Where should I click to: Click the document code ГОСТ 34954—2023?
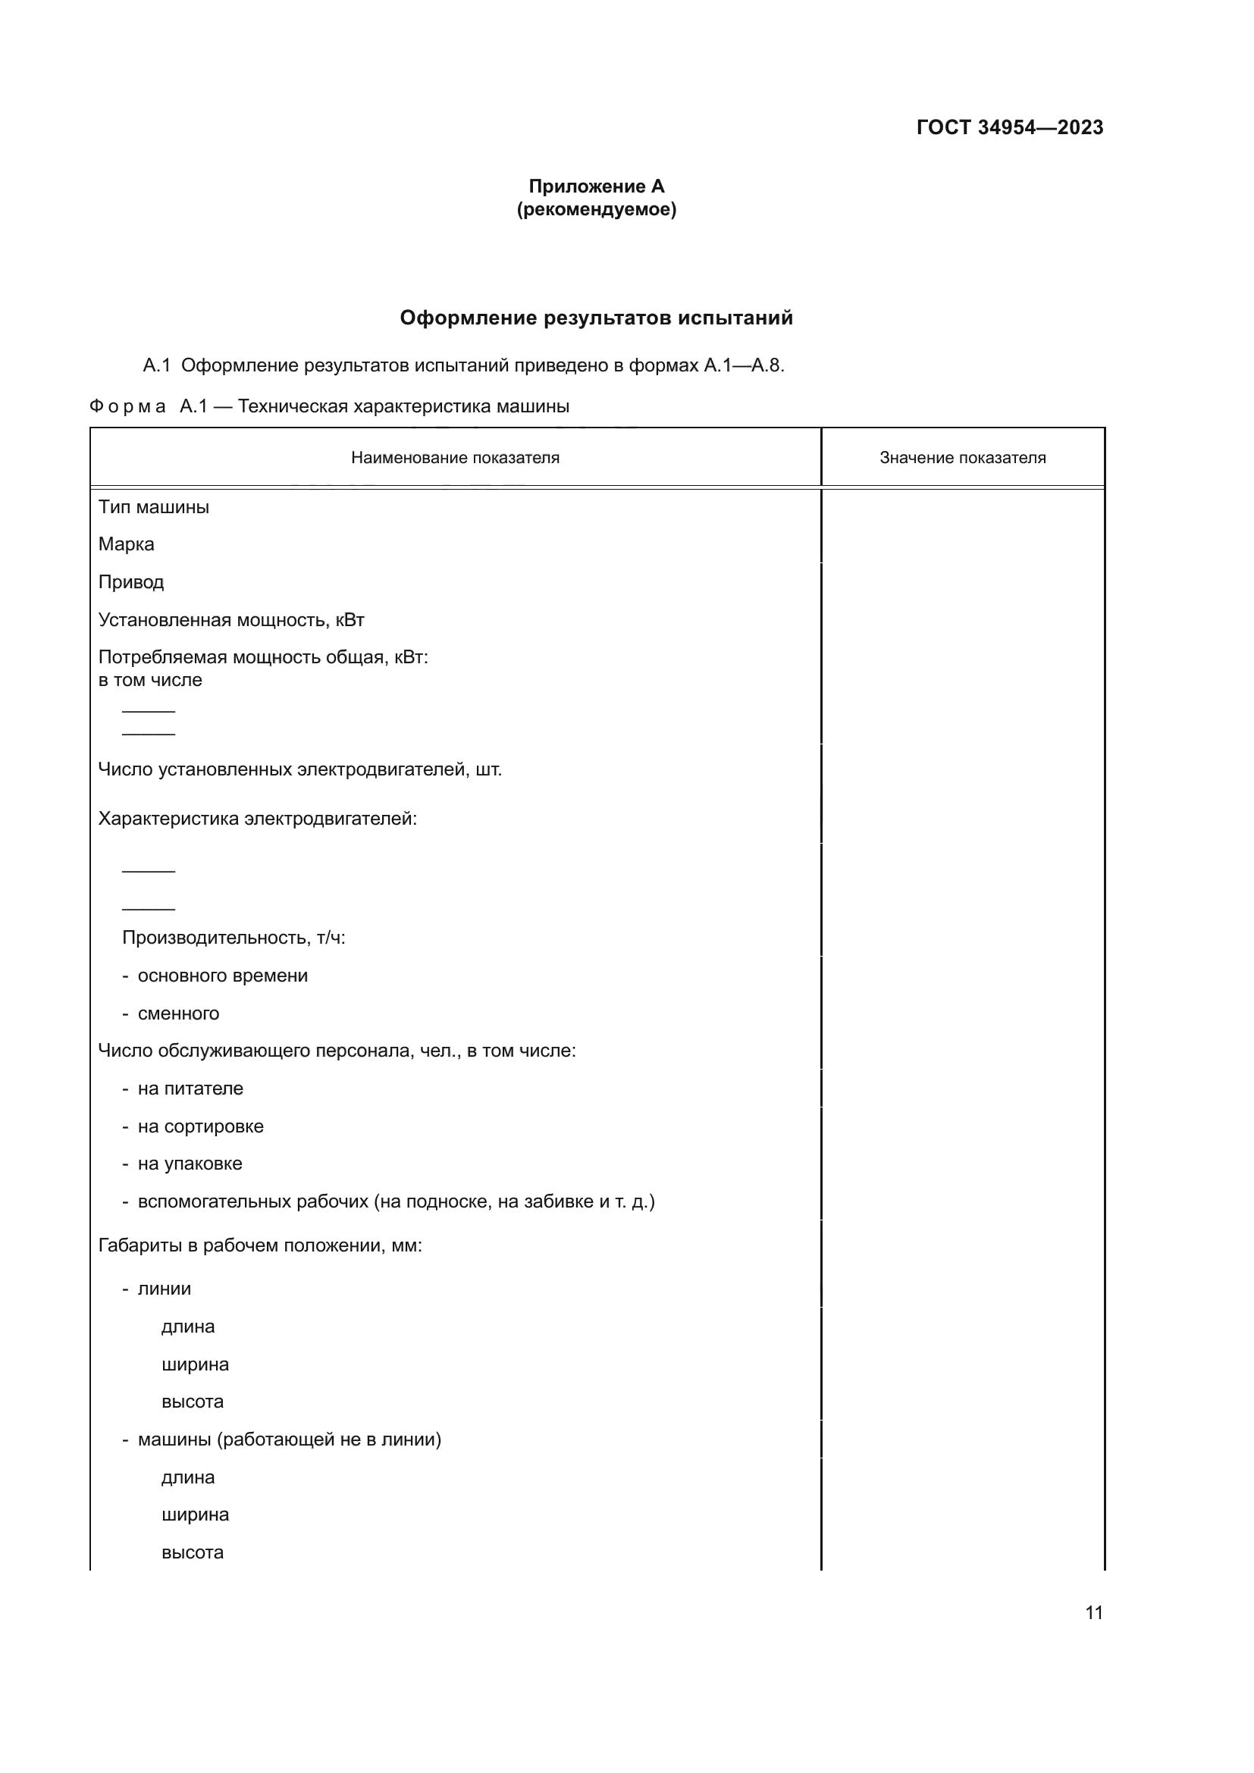tap(1009, 127)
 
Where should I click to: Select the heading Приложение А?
tap(596, 186)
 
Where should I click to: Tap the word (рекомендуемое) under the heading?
tap(596, 209)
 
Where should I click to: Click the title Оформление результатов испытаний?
tap(596, 318)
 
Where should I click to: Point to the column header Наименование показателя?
tap(455, 458)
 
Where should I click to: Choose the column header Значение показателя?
tap(962, 458)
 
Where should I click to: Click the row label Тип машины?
tap(154, 507)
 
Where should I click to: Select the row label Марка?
tap(126, 544)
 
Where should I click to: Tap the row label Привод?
tap(130, 582)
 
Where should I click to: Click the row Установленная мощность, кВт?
tap(231, 620)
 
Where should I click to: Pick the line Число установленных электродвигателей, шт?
tap(299, 770)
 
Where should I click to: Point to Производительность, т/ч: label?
tap(234, 938)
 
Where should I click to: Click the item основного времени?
tap(222, 976)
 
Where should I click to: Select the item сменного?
tap(178, 1013)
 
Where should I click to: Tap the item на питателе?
tap(190, 1089)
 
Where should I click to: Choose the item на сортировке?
tap(200, 1126)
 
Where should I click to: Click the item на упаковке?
tap(190, 1164)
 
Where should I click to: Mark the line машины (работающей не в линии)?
tap(289, 1439)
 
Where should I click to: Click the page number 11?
tap(1093, 1612)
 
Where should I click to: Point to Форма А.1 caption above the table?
tap(329, 406)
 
